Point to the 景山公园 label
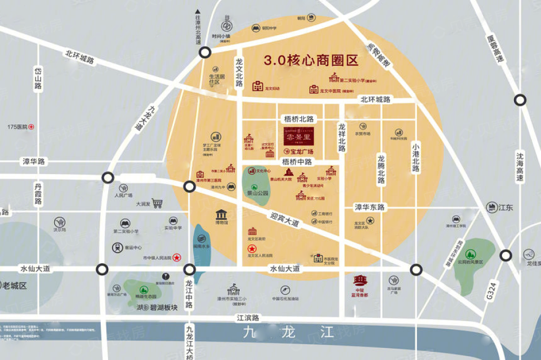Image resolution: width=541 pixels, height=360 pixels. [258, 192]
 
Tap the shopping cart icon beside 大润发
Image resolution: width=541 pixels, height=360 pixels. [157, 204]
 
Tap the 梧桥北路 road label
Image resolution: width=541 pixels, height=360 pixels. [299, 118]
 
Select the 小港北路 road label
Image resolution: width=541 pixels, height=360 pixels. [415, 157]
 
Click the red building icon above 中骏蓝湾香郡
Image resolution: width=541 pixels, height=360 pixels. [360, 281]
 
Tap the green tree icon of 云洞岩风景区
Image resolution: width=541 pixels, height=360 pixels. [471, 254]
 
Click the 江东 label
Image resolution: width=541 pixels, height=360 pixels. [505, 207]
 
